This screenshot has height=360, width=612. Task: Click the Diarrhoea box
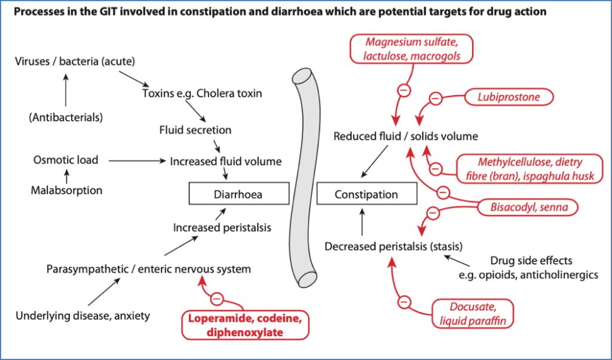(x=238, y=194)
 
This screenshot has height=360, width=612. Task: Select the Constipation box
(x=366, y=194)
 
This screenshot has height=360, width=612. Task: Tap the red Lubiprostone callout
(x=507, y=96)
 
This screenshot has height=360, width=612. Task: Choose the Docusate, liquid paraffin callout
(x=472, y=313)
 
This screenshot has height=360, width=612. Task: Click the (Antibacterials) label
(x=66, y=117)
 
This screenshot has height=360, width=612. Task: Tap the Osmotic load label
(x=66, y=160)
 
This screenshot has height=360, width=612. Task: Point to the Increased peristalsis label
(x=222, y=227)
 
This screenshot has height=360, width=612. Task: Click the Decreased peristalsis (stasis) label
(x=385, y=246)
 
